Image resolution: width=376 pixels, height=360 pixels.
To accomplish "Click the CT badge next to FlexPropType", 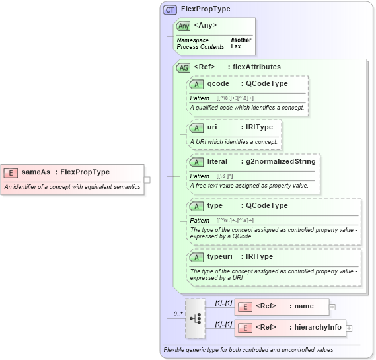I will (x=170, y=10).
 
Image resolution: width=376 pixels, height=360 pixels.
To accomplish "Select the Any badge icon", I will (x=184, y=26).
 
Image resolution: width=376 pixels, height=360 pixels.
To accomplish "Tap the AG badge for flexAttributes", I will (x=184, y=67).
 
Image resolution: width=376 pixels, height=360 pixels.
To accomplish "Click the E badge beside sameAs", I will (x=11, y=172).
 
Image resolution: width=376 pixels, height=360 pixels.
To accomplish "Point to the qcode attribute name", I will (x=218, y=83).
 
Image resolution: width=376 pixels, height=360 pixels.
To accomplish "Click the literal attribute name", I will (x=217, y=161).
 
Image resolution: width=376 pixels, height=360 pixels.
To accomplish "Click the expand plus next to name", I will (x=332, y=306).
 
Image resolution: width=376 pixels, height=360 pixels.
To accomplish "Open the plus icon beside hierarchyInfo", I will (x=350, y=328).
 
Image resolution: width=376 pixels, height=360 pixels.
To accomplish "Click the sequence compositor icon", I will (x=196, y=316).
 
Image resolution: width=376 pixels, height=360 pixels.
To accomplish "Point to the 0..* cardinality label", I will (x=178, y=314).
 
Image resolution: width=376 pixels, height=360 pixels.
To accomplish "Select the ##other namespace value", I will (x=241, y=40).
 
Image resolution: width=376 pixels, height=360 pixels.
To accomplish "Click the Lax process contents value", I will (x=236, y=47).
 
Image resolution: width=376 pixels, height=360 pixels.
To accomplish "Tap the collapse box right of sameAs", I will (x=147, y=178).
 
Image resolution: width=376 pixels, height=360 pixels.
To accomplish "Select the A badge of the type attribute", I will (x=196, y=205).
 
